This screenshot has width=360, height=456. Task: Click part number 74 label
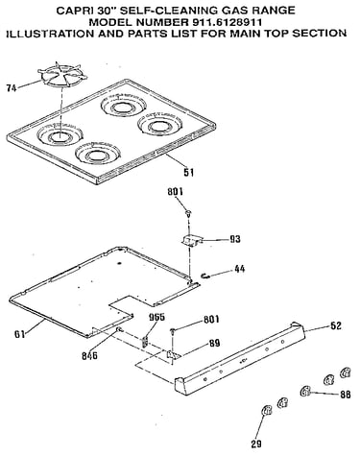coord(12,88)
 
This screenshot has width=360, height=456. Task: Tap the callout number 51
coord(188,173)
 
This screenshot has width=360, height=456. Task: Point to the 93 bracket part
coord(191,240)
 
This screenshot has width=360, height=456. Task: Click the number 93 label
coord(235,239)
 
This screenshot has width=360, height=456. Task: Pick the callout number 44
coord(240,269)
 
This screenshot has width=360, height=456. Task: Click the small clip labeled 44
coord(204,276)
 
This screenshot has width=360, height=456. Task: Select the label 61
coord(20,334)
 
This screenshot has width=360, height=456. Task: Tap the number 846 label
coord(89,355)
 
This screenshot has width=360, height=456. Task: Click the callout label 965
coord(156,317)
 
